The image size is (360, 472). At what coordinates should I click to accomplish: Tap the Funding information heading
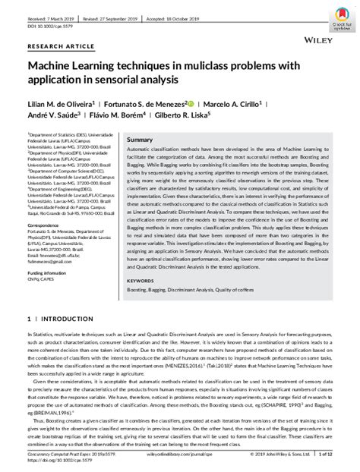[51, 271]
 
